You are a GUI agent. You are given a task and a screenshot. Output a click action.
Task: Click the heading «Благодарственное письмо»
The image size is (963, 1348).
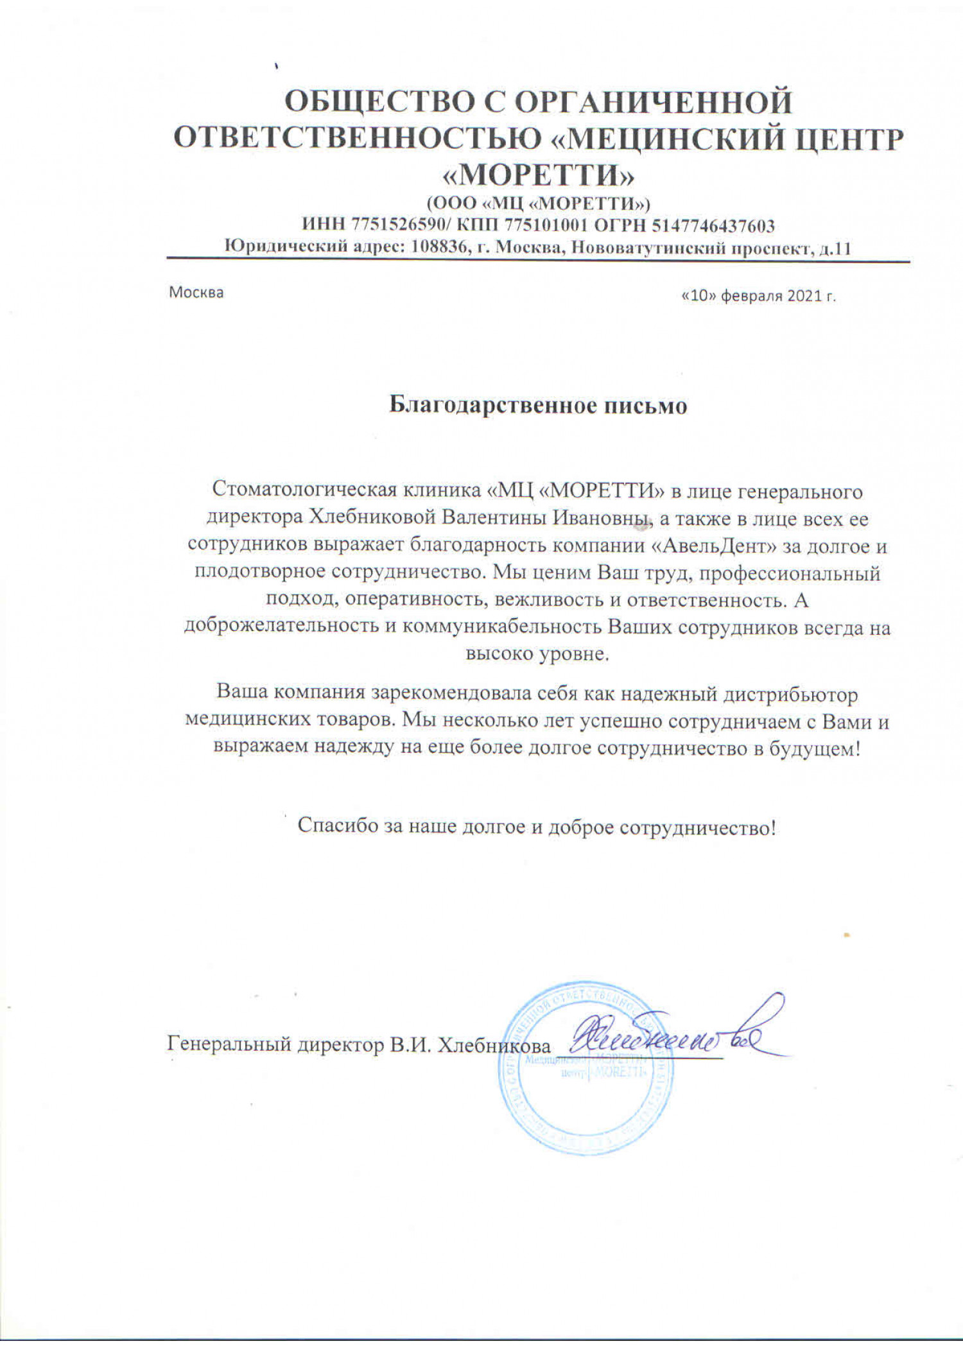(538, 406)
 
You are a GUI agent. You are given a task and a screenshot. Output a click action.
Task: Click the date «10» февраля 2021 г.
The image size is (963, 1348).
(758, 297)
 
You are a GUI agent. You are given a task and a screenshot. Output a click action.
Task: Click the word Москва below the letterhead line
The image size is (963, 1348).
(196, 293)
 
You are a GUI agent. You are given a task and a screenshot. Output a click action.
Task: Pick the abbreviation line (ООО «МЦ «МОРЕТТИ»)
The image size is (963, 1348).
(539, 203)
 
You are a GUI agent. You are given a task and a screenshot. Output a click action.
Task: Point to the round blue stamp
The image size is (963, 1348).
(586, 1080)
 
